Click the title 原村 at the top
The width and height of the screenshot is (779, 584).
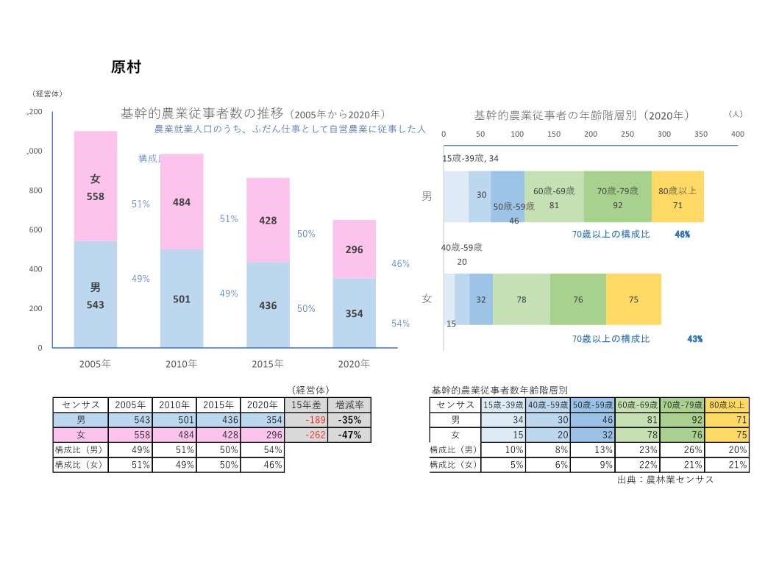tap(125, 67)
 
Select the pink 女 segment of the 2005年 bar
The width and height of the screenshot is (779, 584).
tap(96, 186)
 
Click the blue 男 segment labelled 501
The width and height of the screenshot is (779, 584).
tap(182, 299)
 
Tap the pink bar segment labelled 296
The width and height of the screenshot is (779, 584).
tap(354, 249)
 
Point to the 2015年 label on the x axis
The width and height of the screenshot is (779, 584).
tap(267, 363)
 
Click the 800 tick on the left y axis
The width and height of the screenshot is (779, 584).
tap(35, 190)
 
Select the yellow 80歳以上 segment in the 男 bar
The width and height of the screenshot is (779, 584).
tap(677, 196)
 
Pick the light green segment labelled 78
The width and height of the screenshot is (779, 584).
tap(521, 299)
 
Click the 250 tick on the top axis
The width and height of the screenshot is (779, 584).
tap(627, 134)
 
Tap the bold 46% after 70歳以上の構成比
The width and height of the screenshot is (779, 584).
tap(682, 235)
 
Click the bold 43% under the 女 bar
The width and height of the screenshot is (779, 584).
tap(694, 339)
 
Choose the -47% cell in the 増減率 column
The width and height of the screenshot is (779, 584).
tap(349, 435)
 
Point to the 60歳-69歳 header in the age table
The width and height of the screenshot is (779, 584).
tap(636, 405)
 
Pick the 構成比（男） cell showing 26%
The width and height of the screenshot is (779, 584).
tap(681, 449)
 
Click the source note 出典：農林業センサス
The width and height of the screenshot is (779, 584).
tap(666, 480)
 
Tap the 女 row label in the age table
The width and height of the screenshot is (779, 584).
tap(455, 435)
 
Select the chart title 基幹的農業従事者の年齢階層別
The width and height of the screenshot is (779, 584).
tap(581, 115)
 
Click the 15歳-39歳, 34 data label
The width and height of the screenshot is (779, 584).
tap(470, 158)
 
